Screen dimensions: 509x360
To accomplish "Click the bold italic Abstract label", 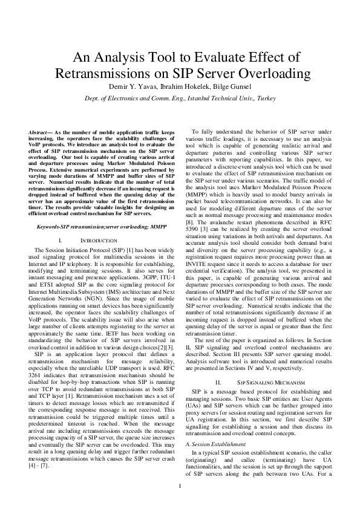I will pyautogui.click(x=41, y=132).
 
